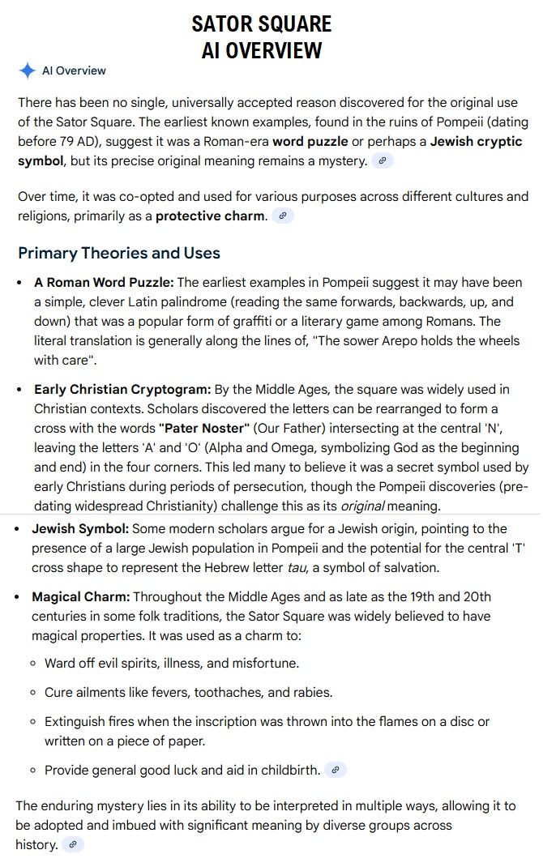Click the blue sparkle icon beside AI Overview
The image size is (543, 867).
pyautogui.click(x=27, y=70)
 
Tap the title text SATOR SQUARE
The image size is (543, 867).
pyautogui.click(x=262, y=23)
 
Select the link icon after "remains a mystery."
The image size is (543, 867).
pyautogui.click(x=383, y=160)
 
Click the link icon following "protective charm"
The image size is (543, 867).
pyautogui.click(x=282, y=216)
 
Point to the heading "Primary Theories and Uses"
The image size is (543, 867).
pyautogui.click(x=119, y=253)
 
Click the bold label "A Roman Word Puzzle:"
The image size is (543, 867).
pyautogui.click(x=104, y=283)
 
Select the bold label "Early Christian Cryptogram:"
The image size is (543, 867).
pyautogui.click(x=122, y=390)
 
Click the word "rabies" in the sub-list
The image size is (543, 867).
pyautogui.click(x=290, y=692)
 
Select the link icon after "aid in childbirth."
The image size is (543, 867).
pyautogui.click(x=336, y=770)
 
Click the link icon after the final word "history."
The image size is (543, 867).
pyautogui.click(x=73, y=844)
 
